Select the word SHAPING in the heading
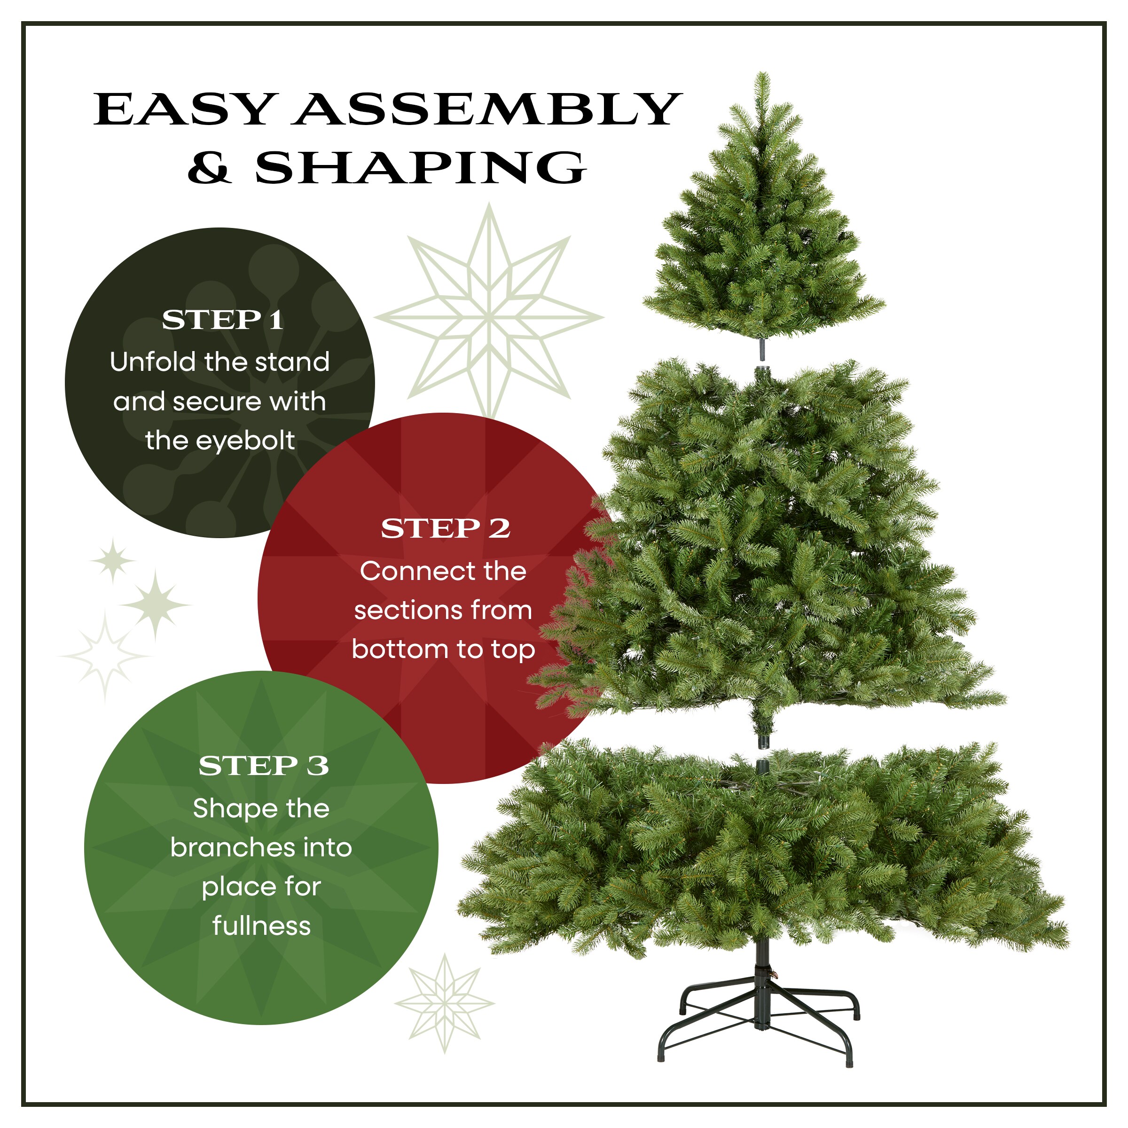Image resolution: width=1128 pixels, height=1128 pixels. point(420,168)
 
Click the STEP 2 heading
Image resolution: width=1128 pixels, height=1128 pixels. point(446,529)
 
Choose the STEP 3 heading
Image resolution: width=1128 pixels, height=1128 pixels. point(263,766)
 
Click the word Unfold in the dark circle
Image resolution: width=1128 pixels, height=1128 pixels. point(152,362)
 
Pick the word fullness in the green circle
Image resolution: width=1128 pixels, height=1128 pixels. point(262,926)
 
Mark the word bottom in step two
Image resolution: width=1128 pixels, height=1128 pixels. point(390,649)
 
